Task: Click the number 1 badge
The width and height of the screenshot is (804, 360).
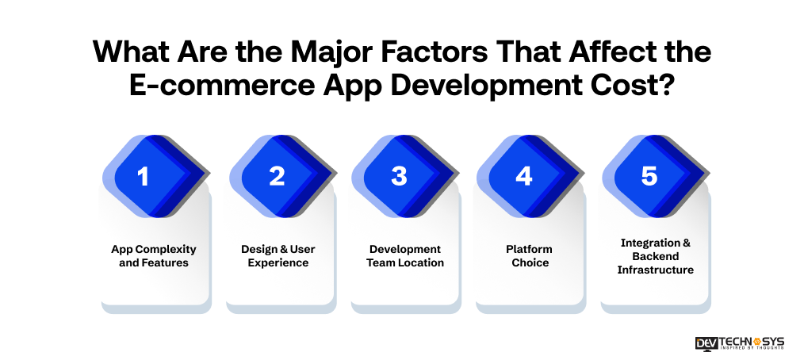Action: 144,175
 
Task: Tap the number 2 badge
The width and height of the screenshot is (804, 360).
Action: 277,175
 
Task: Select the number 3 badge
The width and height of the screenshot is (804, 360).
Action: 399,175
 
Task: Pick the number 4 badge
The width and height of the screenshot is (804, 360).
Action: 523,175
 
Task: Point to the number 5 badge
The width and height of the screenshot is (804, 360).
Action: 649,175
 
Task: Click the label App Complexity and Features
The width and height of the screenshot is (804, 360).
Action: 154,255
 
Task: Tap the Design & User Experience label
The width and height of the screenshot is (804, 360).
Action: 278,255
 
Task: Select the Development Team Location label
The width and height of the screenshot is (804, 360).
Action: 405,255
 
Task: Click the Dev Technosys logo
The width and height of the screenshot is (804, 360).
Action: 739,343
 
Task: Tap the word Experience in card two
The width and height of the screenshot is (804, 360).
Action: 278,262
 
